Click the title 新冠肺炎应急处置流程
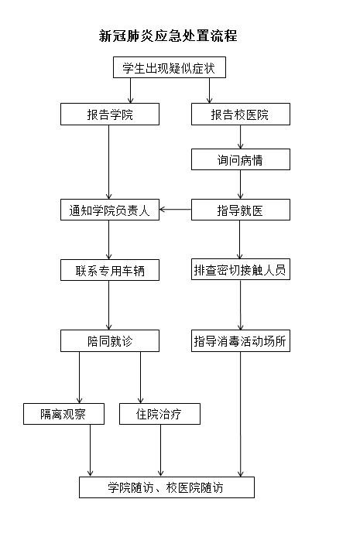pos(168,36)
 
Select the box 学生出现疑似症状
pos(169,68)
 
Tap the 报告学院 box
pos(109,114)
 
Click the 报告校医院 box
pos(240,114)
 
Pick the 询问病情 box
pos(240,159)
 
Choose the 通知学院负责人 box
pos(109,210)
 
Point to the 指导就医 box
pos(240,210)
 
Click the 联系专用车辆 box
pos(109,270)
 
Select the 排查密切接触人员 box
pos(240,270)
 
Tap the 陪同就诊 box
pos(109,340)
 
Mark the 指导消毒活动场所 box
pos(240,340)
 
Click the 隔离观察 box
pos(63,414)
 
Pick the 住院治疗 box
pos(160,414)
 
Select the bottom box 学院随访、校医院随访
pos(166,487)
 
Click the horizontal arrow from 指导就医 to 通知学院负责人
pos(176,210)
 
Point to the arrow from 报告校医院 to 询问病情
pos(240,137)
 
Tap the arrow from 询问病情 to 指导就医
pos(240,185)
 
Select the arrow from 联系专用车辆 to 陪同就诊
pos(109,305)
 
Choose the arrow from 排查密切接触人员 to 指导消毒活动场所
pos(240,305)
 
